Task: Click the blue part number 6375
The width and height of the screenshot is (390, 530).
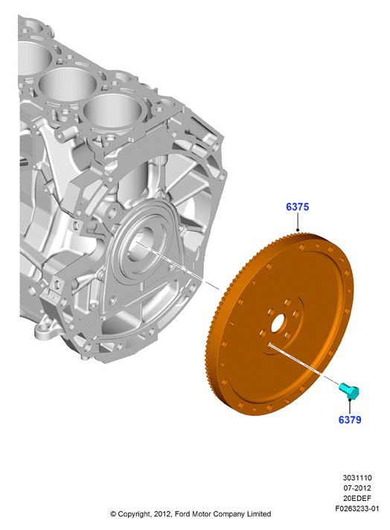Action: click(297, 206)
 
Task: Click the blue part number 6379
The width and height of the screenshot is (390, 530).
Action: click(350, 420)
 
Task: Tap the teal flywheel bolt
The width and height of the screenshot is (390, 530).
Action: click(349, 391)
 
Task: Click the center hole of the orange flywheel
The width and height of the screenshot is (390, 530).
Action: click(277, 324)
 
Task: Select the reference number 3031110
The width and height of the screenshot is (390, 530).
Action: click(357, 478)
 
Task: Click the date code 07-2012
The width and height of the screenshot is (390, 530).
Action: click(357, 488)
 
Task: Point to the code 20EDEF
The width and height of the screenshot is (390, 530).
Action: click(357, 498)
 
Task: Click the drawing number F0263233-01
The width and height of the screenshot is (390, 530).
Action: click(357, 508)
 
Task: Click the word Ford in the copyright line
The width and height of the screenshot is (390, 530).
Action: click(182, 514)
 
